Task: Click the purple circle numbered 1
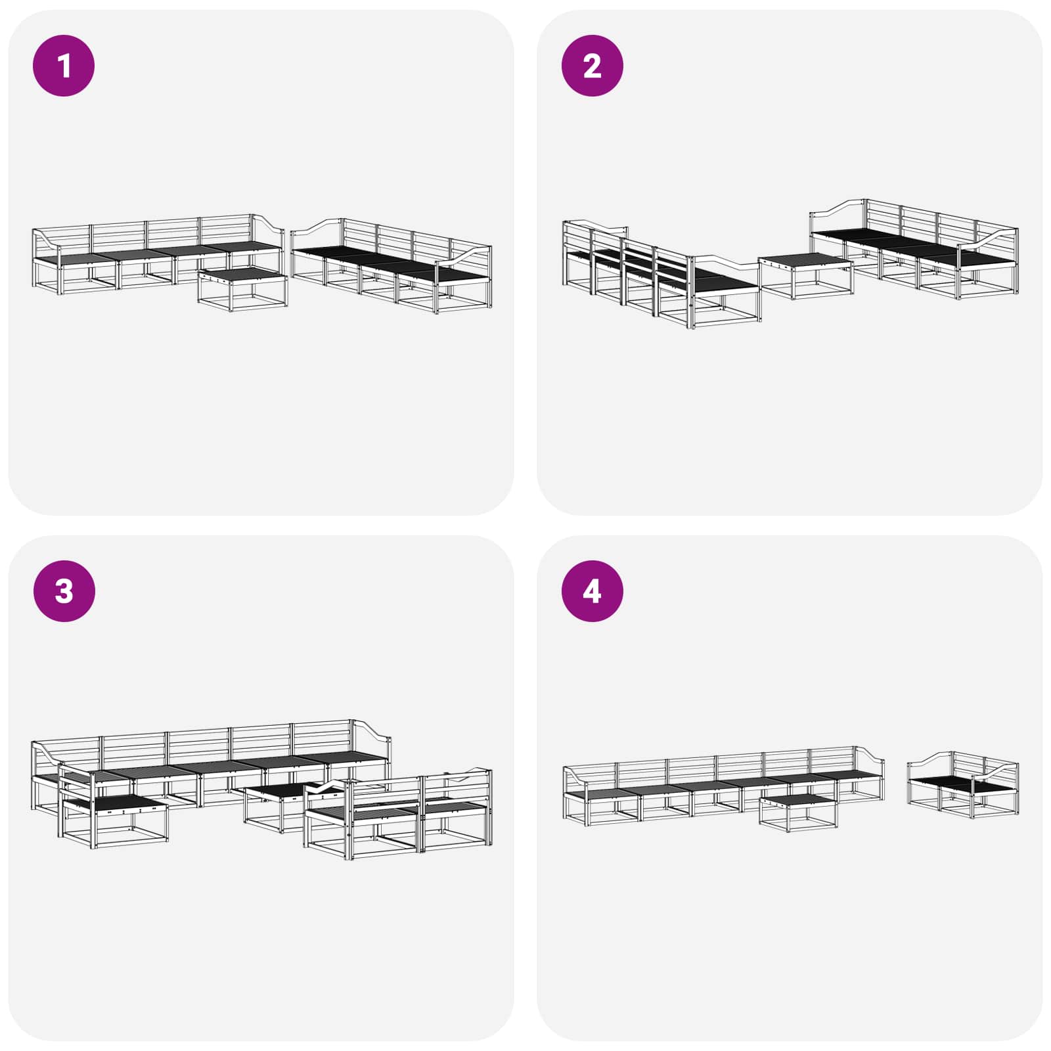(64, 66)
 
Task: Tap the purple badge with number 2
(592, 66)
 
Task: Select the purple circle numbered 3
(64, 591)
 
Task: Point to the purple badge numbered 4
(592, 591)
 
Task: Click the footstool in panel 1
(242, 289)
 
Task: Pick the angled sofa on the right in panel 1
(391, 266)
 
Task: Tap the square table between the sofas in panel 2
(806, 277)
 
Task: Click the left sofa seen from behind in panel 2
(661, 276)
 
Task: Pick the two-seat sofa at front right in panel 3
(398, 814)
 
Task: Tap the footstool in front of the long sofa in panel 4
(799, 812)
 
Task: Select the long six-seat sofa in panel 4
(723, 784)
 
